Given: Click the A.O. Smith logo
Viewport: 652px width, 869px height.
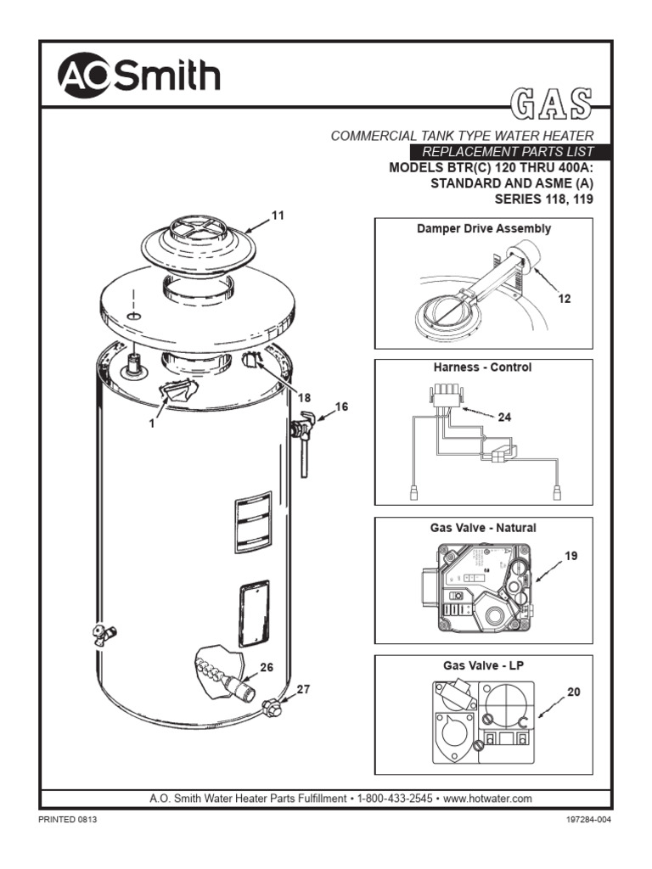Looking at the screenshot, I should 138,76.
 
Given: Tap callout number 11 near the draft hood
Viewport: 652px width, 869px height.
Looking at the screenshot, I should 277,216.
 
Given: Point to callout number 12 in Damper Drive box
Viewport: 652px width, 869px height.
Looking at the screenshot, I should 564,299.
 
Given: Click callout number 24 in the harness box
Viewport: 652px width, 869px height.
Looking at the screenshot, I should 504,417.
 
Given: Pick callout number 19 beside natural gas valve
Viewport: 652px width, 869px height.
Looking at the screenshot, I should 571,557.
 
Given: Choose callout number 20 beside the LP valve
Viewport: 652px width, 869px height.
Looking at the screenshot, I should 573,692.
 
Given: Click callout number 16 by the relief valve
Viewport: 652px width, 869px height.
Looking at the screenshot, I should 341,406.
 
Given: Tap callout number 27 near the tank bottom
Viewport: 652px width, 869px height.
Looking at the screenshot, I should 303,690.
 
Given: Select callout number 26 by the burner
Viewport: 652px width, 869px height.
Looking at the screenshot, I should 266,667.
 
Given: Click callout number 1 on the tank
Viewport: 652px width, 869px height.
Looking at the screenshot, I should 153,423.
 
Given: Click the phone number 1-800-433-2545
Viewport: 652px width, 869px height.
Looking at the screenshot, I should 397,799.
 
